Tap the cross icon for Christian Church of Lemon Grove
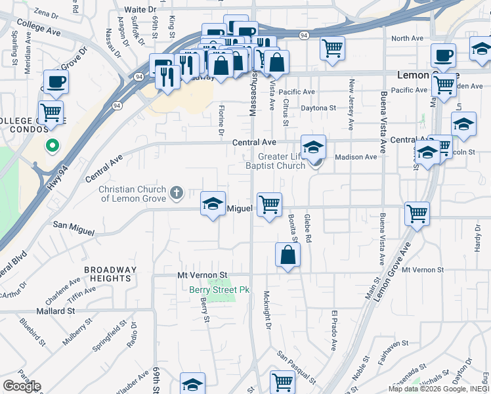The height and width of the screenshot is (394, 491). (175, 193)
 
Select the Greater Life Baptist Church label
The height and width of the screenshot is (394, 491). (282, 161)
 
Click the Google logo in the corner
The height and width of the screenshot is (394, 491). (22, 386)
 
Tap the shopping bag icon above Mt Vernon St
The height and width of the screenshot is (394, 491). (288, 255)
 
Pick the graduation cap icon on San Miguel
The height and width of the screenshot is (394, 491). (213, 205)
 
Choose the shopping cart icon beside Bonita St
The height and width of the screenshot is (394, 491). (269, 205)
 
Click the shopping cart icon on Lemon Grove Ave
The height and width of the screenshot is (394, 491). (417, 213)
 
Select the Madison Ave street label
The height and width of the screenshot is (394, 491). (356, 157)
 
